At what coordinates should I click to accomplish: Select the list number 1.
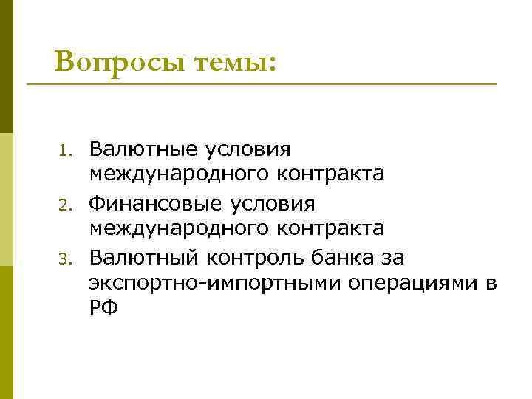coord(64,151)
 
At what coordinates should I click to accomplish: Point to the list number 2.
coord(64,205)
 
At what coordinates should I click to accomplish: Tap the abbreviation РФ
coord(103,307)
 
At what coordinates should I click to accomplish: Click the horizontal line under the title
coord(262,85)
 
